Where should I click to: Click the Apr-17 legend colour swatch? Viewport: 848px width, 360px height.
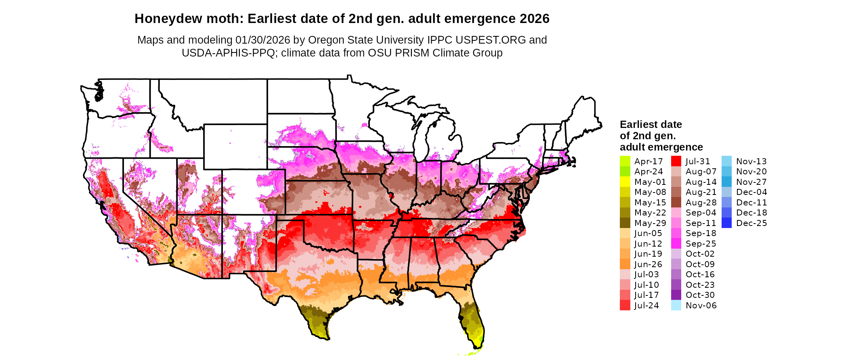pyautogui.click(x=625, y=161)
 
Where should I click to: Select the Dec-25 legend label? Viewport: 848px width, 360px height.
pyautogui.click(x=751, y=223)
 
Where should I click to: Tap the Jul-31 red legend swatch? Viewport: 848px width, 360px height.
pyautogui.click(x=676, y=161)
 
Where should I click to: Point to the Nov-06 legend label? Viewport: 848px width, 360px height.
pyautogui.click(x=701, y=306)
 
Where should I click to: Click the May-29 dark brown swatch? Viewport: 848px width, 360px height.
pyautogui.click(x=625, y=223)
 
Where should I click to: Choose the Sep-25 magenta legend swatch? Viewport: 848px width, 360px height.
pyautogui.click(x=676, y=244)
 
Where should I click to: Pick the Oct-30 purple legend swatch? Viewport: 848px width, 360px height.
pyautogui.click(x=676, y=295)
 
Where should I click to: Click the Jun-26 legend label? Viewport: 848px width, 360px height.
pyautogui.click(x=648, y=264)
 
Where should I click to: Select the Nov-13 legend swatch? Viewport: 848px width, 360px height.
pyautogui.click(x=726, y=161)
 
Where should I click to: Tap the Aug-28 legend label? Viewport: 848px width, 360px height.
pyautogui.click(x=701, y=203)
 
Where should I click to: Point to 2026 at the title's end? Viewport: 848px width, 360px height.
pyautogui.click(x=535, y=19)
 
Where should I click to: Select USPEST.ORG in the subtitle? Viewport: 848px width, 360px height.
pyautogui.click(x=491, y=40)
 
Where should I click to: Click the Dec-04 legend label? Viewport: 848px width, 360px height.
pyautogui.click(x=751, y=192)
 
